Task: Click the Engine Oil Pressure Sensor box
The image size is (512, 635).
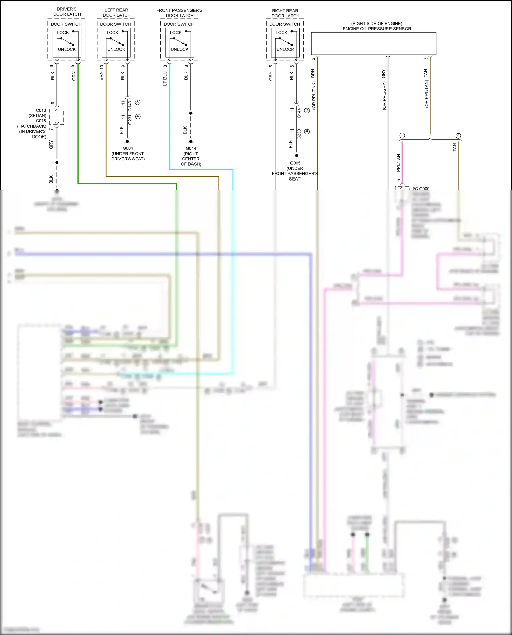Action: (373, 43)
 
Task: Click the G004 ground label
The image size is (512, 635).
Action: (128, 148)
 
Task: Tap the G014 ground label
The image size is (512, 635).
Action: (191, 148)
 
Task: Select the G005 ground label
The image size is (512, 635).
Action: (295, 163)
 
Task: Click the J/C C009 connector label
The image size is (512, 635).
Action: (421, 189)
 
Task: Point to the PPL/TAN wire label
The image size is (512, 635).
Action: (398, 163)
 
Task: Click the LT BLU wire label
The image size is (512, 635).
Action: (165, 78)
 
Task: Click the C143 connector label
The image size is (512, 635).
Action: (130, 106)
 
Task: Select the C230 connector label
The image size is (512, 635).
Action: (299, 134)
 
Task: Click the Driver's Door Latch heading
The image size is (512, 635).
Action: (67, 12)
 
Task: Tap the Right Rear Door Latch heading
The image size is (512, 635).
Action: (285, 13)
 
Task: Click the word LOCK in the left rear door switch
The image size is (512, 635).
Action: (112, 33)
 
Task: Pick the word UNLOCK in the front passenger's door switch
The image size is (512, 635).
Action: (180, 49)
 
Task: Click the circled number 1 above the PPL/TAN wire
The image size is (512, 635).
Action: (402, 136)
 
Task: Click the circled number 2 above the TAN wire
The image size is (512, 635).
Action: (458, 136)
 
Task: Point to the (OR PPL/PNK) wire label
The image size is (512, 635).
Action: (314, 96)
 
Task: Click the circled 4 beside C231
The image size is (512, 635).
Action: (138, 116)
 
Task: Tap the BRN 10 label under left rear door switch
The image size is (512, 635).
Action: (101, 73)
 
